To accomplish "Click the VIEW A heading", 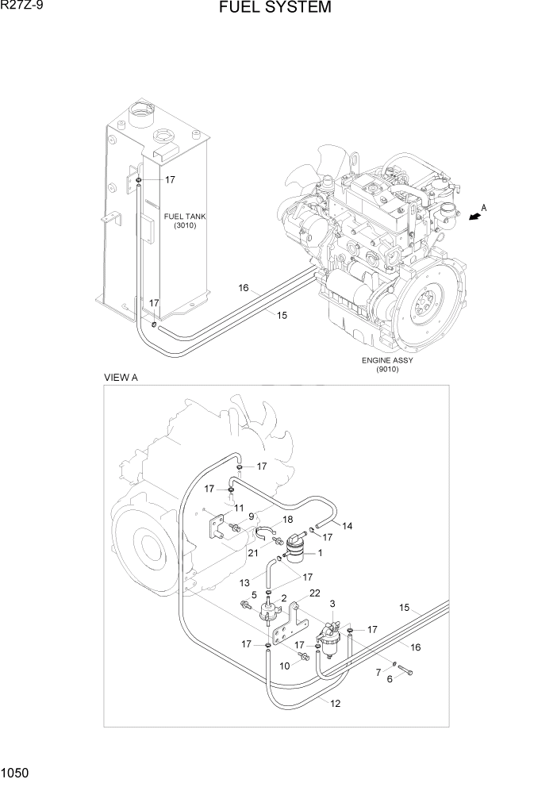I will point(121,378).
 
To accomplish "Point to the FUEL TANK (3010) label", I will point(179,221).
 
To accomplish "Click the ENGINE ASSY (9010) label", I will point(387,364).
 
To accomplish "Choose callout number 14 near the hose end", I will point(347,525).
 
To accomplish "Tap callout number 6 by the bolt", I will point(389,678).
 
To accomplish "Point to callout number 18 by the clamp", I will point(265,519).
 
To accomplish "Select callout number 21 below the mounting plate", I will point(252,552).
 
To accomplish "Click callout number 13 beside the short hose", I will point(245,583).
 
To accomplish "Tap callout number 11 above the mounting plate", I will point(236,507).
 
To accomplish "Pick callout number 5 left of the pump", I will point(254,594).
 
